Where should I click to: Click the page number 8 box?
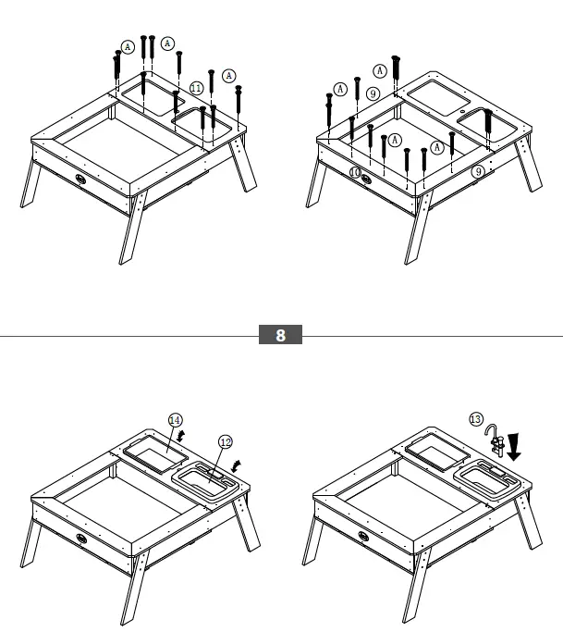tap(280, 336)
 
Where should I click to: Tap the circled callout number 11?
tap(196, 88)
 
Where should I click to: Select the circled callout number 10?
tap(355, 172)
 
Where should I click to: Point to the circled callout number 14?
tap(175, 419)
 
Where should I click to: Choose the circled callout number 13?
tap(476, 419)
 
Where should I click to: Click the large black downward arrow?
tap(514, 447)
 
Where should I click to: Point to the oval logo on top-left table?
tap(81, 181)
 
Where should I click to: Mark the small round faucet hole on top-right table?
tap(460, 109)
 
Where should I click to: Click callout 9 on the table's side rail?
tap(478, 171)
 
